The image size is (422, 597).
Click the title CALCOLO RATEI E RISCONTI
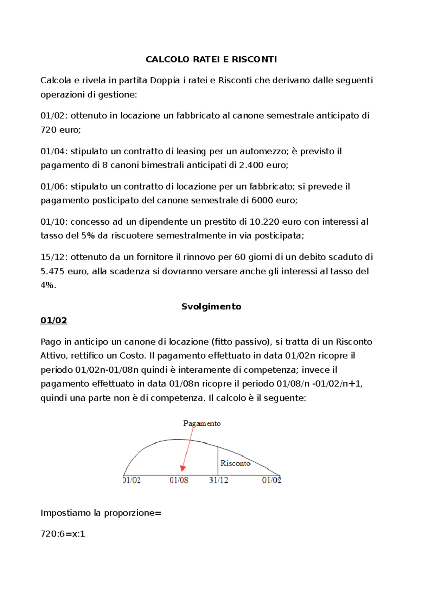click(211, 59)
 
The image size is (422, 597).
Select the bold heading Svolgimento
click(211, 307)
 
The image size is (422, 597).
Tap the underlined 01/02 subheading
click(54, 320)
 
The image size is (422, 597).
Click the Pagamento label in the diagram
click(202, 423)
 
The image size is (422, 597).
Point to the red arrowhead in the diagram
click(183, 468)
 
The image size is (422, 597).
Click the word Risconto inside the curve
click(235, 463)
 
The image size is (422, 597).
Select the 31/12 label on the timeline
click(218, 480)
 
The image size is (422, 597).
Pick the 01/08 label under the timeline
click(179, 480)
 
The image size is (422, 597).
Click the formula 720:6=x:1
click(63, 534)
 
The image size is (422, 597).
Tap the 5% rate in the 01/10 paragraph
click(88, 236)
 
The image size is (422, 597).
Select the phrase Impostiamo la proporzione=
click(101, 513)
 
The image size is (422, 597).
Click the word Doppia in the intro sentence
click(165, 81)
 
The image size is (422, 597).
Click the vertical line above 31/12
click(218, 461)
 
